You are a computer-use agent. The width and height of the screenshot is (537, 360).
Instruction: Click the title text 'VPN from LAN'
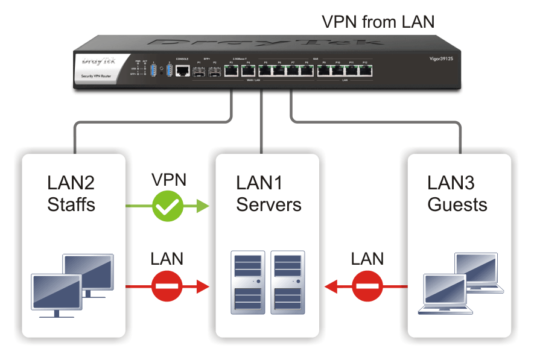[x=377, y=22]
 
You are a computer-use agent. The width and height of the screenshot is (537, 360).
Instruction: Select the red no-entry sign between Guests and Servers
[x=367, y=286]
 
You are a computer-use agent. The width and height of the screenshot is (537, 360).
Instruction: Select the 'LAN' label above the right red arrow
[x=367, y=260]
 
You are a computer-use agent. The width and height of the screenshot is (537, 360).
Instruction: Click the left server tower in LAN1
[x=247, y=282]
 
